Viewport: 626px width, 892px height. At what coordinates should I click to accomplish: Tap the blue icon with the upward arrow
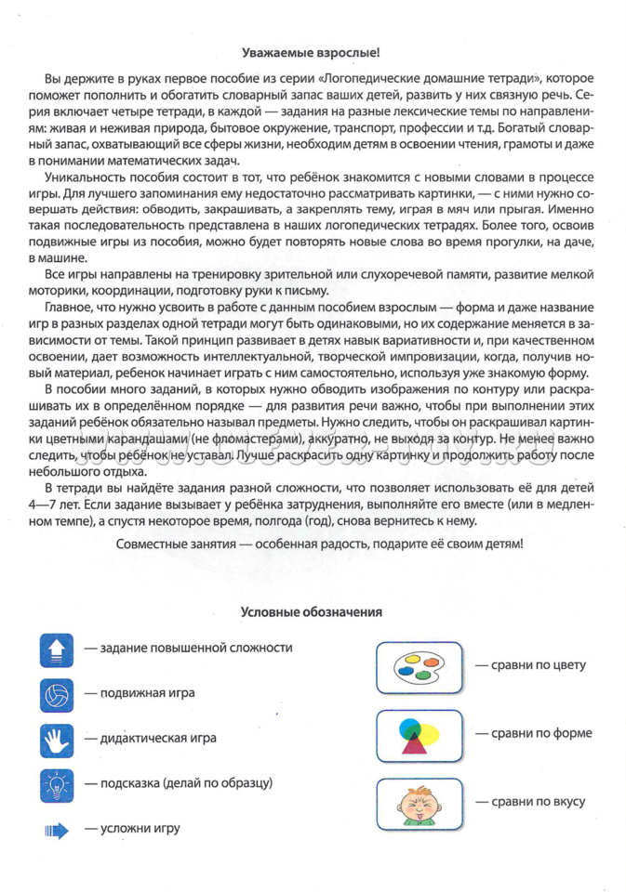point(57,649)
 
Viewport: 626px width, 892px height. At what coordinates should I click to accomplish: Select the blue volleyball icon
point(57,693)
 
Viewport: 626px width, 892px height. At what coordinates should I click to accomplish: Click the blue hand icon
point(57,739)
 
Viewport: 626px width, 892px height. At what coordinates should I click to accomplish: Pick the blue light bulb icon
point(57,784)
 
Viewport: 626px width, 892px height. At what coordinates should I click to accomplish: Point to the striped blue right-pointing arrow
point(57,829)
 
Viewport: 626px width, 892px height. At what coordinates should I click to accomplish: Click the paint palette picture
point(417,666)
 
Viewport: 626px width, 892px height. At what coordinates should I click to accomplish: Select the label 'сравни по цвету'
point(531,666)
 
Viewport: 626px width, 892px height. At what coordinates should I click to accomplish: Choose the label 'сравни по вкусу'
point(531,801)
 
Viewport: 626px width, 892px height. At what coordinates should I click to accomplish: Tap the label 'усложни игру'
point(132,828)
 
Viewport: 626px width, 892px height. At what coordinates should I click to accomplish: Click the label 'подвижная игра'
point(140,693)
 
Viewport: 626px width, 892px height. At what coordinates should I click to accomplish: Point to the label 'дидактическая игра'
point(151,739)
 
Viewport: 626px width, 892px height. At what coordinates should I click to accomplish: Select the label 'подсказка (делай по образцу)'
point(179,783)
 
